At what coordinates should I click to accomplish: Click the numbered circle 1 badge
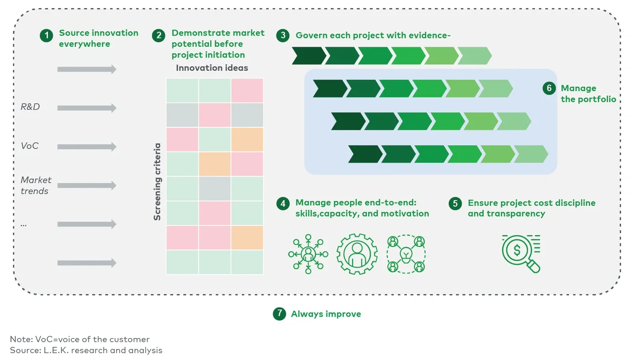pyautogui.click(x=46, y=36)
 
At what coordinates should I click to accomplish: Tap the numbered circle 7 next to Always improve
pyautogui.click(x=279, y=314)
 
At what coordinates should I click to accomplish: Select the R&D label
pyautogui.click(x=30, y=107)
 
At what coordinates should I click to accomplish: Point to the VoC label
pyautogui.click(x=29, y=145)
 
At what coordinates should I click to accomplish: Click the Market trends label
pyautogui.click(x=36, y=185)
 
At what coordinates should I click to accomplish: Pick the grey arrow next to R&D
pyautogui.click(x=87, y=108)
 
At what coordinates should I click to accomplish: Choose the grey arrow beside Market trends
pyautogui.click(x=87, y=185)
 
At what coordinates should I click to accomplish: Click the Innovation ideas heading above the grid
pyautogui.click(x=212, y=68)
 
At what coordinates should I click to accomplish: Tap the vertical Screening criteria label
pyautogui.click(x=157, y=181)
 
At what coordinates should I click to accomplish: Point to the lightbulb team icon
pyautogui.click(x=406, y=254)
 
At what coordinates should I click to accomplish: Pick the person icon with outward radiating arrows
pyautogui.click(x=308, y=254)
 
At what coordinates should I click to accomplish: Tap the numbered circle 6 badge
pyautogui.click(x=549, y=88)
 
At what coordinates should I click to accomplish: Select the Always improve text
pyautogui.click(x=326, y=314)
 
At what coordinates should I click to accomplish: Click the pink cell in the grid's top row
pyautogui.click(x=247, y=91)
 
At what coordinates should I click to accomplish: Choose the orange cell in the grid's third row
pyautogui.click(x=247, y=140)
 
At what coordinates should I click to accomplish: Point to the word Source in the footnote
pyautogui.click(x=22, y=350)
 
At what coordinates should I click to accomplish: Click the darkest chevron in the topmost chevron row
pyautogui.click(x=308, y=56)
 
